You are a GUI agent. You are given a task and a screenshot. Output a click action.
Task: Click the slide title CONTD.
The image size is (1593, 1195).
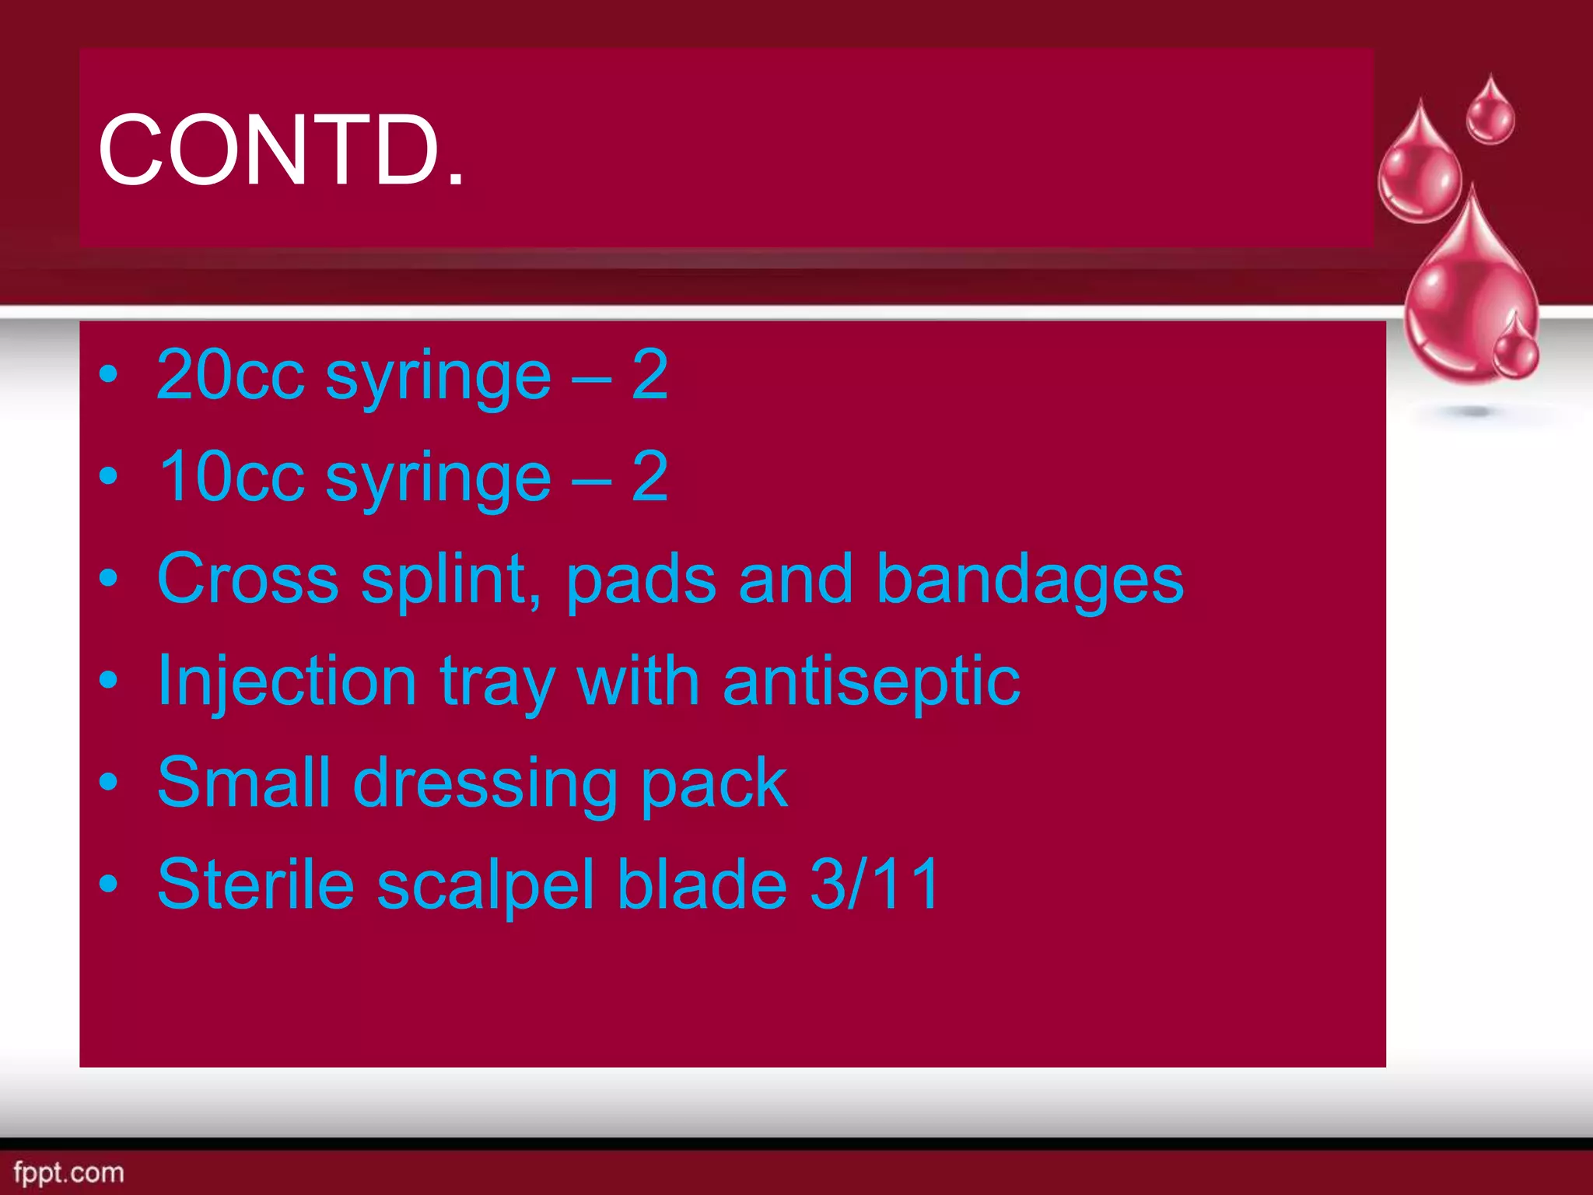[281, 149]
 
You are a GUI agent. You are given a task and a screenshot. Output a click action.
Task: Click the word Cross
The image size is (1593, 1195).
[247, 579]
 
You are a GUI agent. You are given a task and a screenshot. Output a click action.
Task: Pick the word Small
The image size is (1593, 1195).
[243, 782]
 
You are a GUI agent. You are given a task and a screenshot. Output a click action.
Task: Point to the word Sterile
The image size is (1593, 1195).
[255, 884]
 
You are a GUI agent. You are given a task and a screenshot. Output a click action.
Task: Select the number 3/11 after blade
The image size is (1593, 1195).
[875, 884]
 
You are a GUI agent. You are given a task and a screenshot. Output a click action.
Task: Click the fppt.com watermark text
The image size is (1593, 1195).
[68, 1172]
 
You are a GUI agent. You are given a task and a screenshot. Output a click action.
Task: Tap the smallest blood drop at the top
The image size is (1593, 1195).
[1490, 113]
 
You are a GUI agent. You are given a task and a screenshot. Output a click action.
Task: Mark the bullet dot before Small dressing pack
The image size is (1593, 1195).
[109, 783]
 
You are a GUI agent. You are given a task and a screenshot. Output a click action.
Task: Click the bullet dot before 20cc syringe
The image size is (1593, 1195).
[109, 375]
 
